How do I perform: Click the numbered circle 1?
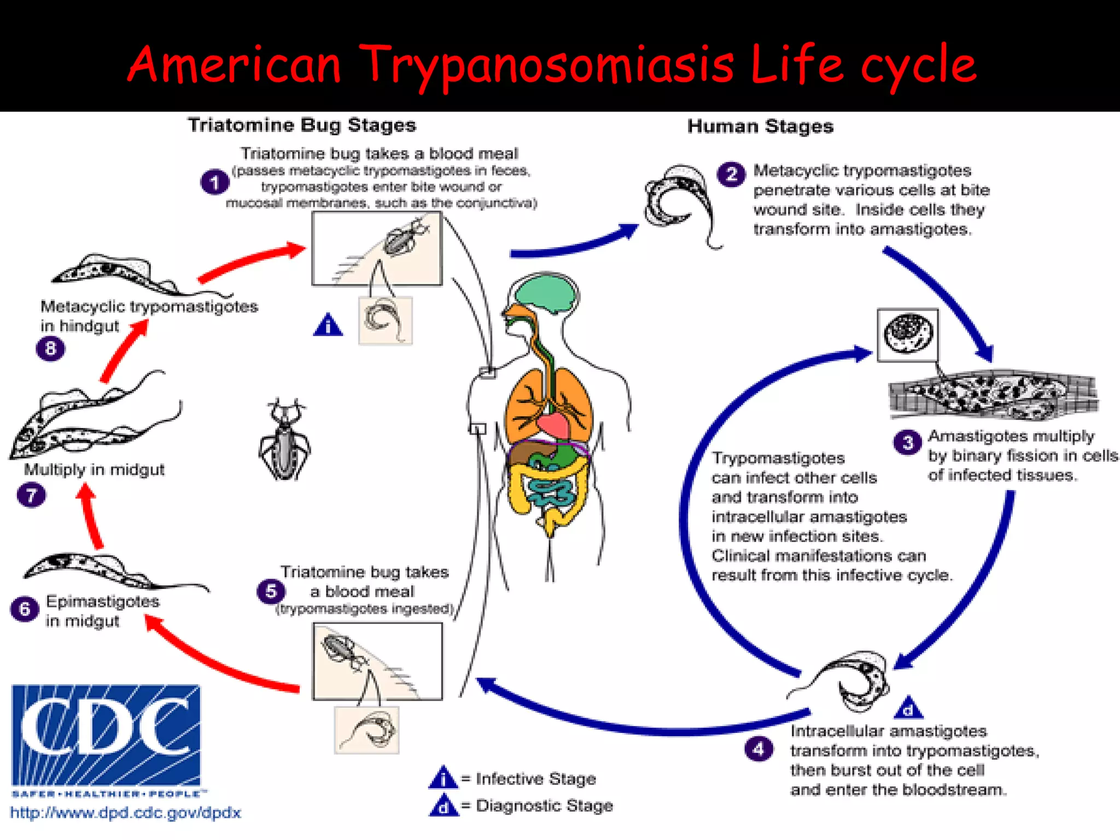pos(214,182)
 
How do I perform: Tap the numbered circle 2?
pos(731,174)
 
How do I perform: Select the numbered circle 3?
pos(907,442)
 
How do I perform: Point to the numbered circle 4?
pos(759,749)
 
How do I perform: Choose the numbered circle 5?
pos(271,591)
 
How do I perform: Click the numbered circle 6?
pos(25,609)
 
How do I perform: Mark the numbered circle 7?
pos(31,495)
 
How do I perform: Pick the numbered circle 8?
pos(50,348)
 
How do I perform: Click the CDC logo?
pos(106,736)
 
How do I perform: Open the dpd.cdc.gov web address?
pos(126,813)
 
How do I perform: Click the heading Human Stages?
pos(760,126)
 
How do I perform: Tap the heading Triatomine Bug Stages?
pos(302,125)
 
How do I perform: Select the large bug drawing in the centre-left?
pos(284,440)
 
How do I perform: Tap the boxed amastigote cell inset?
pos(907,335)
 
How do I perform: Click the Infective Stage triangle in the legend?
pos(443,778)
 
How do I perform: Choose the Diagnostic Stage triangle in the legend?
pos(444,806)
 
